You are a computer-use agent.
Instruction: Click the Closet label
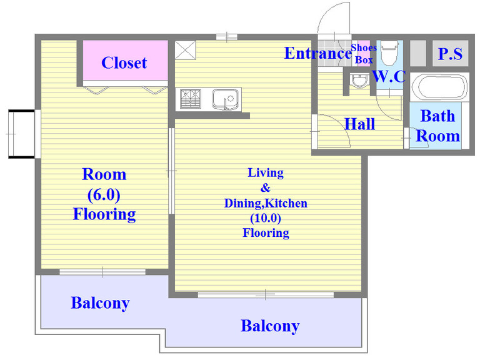(124, 62)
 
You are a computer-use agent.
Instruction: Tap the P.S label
(450, 54)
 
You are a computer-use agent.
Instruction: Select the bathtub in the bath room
(439, 87)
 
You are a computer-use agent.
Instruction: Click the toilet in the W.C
(389, 52)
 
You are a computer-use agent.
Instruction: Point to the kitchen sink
(225, 99)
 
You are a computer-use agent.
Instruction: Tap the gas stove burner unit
(191, 99)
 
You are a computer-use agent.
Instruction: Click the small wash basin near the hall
(359, 81)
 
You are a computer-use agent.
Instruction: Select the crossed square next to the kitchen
(185, 50)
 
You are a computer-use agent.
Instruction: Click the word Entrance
(318, 53)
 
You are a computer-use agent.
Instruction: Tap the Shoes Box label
(364, 54)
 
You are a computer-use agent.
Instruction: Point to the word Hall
(360, 124)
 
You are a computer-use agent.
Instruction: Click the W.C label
(389, 76)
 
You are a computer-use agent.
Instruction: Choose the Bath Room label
(438, 126)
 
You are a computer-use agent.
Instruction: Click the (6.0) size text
(104, 194)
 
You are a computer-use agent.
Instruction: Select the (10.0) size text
(266, 218)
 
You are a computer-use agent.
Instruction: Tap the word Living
(266, 173)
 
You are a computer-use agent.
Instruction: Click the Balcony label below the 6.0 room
(100, 303)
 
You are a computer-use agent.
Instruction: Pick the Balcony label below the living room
(270, 326)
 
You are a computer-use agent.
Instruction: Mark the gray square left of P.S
(417, 53)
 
